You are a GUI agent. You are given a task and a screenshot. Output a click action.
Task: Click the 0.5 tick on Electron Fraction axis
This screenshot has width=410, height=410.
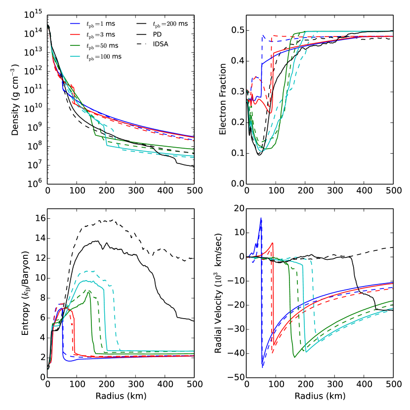[235, 31]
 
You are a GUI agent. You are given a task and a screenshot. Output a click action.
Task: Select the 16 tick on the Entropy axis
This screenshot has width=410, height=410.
[38, 218]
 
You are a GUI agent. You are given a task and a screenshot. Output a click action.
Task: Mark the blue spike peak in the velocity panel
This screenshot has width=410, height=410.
[261, 218]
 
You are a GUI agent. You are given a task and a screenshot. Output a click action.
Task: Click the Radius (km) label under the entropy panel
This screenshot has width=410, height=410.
[121, 396]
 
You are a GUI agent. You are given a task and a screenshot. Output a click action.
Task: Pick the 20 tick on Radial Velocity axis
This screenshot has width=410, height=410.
[237, 208]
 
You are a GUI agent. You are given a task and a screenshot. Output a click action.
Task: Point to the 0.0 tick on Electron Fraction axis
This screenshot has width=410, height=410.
[235, 183]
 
